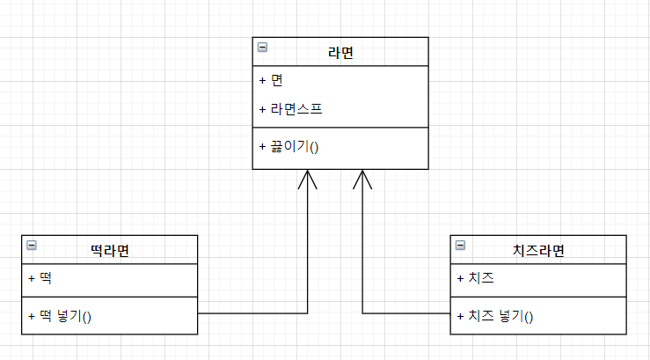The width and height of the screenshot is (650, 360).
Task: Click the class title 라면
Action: (340, 52)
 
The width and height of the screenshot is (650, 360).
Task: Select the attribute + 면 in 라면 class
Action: (271, 80)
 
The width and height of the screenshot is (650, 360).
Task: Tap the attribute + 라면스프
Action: (291, 109)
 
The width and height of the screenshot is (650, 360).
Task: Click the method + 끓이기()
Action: (288, 145)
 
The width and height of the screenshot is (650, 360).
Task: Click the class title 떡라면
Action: (110, 250)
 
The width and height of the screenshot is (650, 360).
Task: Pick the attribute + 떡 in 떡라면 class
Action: (40, 278)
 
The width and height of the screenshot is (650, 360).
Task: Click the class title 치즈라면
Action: (538, 250)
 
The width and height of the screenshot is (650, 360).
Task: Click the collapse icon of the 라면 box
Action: (262, 48)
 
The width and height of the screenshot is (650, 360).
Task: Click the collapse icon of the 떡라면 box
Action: (32, 246)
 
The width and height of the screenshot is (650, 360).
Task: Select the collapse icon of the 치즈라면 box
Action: (460, 246)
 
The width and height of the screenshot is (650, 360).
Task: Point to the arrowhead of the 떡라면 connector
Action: (308, 171)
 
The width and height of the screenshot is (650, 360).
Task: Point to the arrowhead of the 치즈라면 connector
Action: (362, 171)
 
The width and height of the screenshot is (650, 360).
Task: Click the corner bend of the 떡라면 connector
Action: (308, 313)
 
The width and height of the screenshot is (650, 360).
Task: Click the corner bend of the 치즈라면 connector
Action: (362, 313)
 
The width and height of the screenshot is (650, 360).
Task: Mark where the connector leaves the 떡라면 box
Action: (199, 313)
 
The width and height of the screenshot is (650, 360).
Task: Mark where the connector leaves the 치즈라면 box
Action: (449, 313)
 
